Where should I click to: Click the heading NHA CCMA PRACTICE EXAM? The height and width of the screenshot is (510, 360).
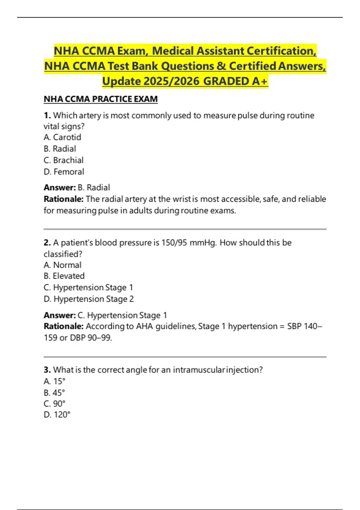click(100, 99)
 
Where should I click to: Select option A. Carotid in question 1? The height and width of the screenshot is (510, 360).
click(62, 137)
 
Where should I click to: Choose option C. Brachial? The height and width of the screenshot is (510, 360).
click(64, 160)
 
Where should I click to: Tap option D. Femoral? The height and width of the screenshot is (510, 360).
click(64, 172)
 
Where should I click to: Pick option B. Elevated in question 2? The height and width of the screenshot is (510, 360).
click(64, 276)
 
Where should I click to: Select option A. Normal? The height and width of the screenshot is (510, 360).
click(62, 265)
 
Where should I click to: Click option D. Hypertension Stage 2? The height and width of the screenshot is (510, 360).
click(89, 299)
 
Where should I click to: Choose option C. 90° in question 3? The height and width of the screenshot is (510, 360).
click(55, 403)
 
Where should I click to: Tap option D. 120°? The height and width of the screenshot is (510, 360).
click(57, 415)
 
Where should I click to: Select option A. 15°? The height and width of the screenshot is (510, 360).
click(55, 381)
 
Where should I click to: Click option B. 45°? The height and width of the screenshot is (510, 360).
click(55, 393)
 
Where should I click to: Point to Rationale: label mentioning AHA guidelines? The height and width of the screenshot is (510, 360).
click(64, 326)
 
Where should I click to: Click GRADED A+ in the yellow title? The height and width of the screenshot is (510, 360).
click(235, 81)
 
